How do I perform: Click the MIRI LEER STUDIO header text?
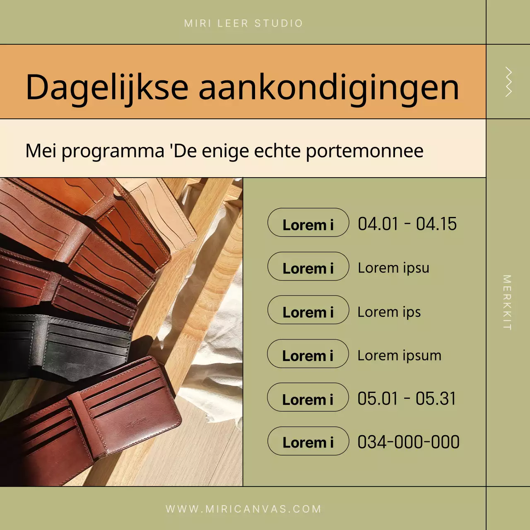pos(243,23)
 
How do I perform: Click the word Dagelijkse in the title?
pos(107,87)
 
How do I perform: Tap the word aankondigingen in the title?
pos(329,87)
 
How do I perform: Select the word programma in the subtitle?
pos(113,151)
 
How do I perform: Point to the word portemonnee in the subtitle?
pos(364,151)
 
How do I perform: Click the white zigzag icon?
pos(508,82)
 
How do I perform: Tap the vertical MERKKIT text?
pos(507,302)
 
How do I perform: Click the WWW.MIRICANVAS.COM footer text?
pos(243,509)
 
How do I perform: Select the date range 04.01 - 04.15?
pos(407,224)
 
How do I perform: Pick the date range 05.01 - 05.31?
pos(407,399)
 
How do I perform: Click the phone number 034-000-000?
pos(408,442)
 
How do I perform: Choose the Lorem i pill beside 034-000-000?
pos(308,441)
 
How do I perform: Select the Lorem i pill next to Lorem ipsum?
pos(308,354)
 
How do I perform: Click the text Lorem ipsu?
pos(393,268)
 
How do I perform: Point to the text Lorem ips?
pos(389,312)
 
